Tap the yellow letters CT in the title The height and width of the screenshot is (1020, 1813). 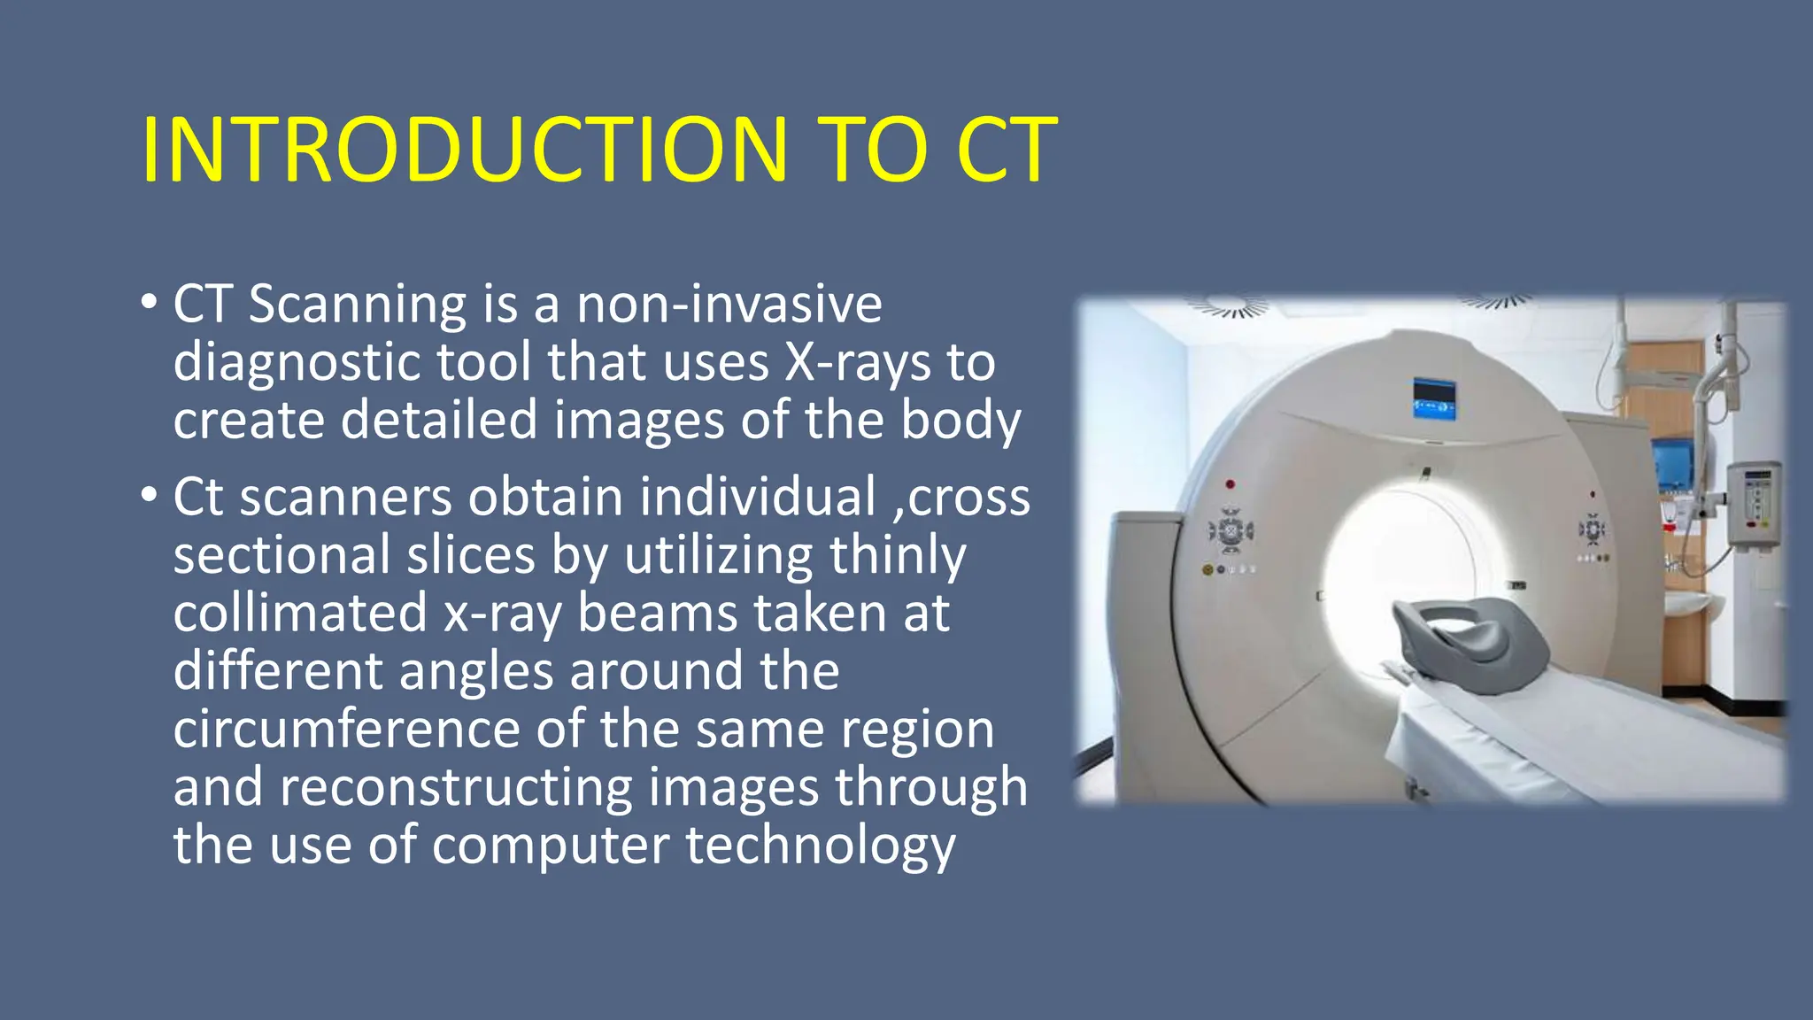pos(1007,150)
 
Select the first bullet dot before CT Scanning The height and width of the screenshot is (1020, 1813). pos(149,303)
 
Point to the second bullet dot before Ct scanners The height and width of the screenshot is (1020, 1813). pos(149,495)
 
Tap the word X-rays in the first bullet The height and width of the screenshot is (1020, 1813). pos(857,362)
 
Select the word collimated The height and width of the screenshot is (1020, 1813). pos(300,613)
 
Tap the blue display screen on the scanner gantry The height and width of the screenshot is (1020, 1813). pos(1434,398)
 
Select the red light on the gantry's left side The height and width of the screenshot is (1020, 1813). pos(1230,485)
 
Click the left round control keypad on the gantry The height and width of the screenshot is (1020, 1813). pos(1231,532)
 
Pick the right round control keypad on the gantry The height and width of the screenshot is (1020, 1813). pos(1592,529)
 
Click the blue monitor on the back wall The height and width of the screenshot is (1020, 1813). pos(1672,464)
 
